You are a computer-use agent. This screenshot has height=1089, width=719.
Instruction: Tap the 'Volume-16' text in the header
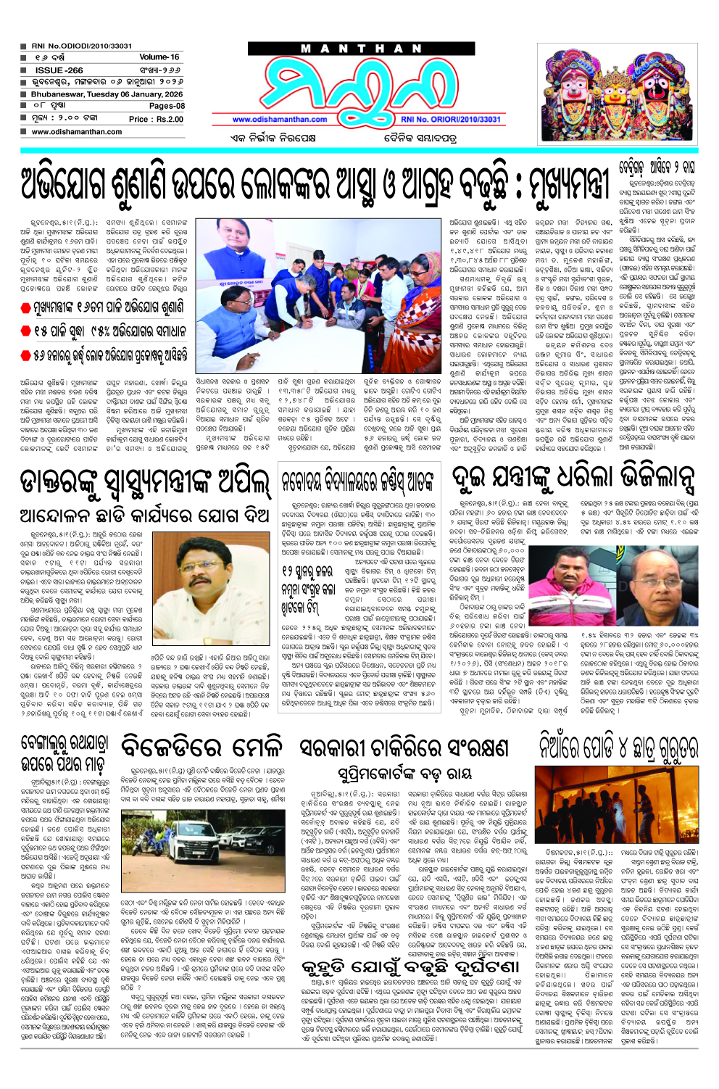[159, 57]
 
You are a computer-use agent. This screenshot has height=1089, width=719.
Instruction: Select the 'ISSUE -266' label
[59, 70]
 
